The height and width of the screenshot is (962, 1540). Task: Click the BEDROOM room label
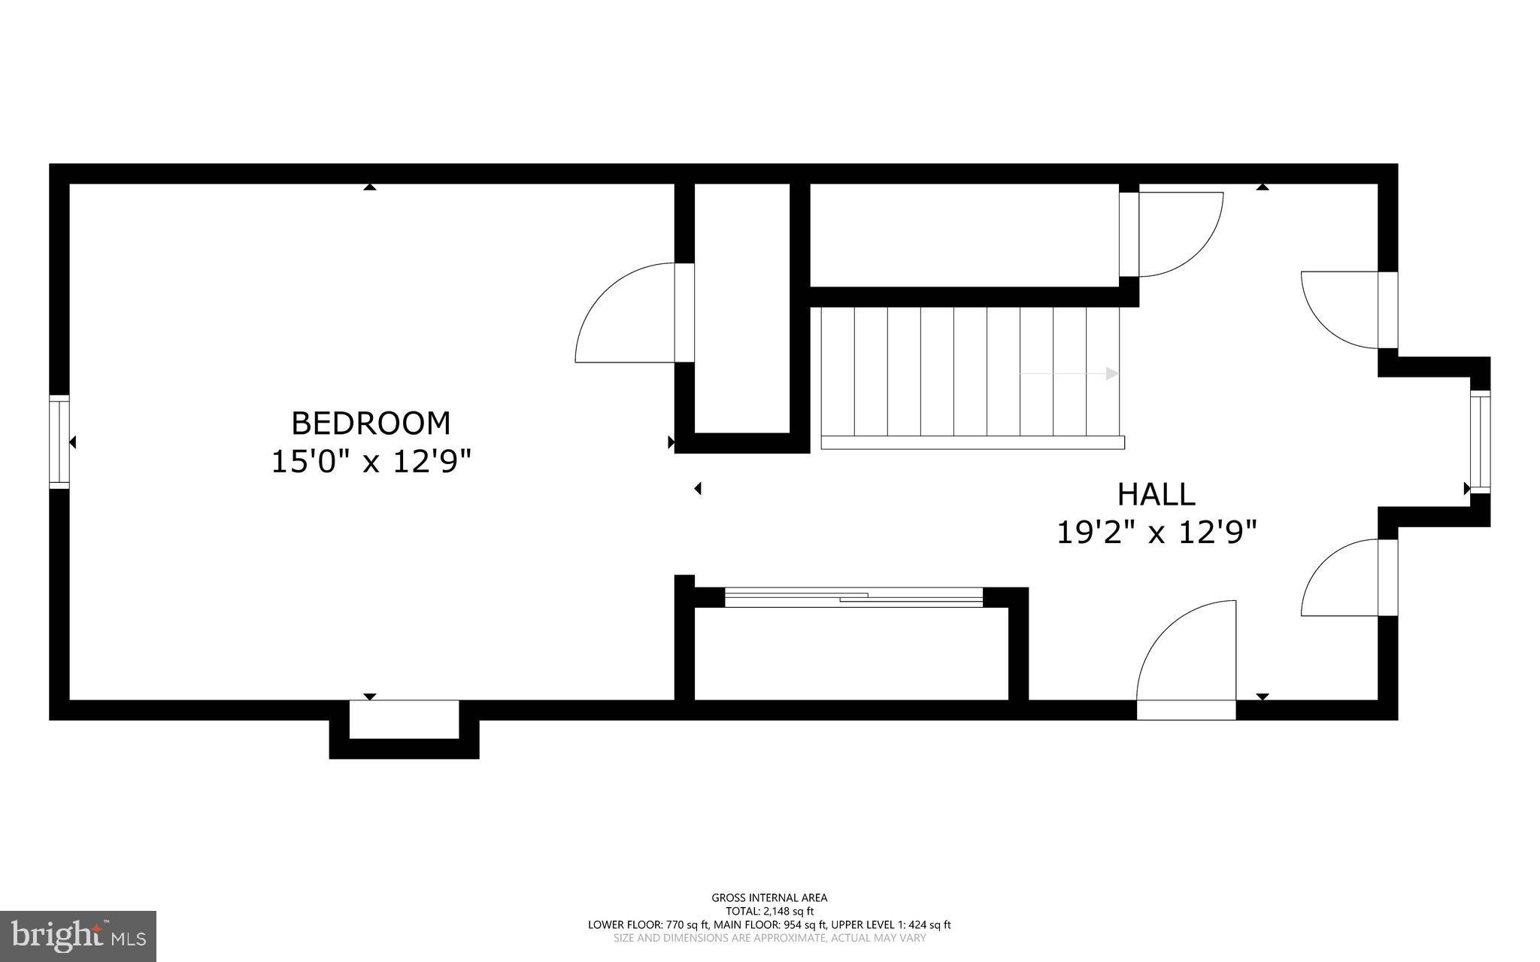pos(371,423)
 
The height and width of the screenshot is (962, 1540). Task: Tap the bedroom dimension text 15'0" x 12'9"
pos(371,462)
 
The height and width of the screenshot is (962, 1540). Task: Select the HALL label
pos(1156,495)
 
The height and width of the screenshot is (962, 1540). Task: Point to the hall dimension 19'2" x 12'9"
pos(1157,533)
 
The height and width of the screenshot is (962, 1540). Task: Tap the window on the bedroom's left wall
pos(59,442)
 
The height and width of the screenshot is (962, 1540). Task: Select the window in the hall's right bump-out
pos(1479,442)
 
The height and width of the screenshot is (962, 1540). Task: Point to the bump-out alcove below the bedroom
pos(404,720)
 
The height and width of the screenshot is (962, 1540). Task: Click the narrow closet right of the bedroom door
pos(741,308)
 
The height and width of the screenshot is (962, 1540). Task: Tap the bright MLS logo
pos(78,936)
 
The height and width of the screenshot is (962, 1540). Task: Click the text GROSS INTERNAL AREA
pos(769,897)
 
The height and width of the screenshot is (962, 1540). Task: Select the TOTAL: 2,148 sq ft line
pos(769,911)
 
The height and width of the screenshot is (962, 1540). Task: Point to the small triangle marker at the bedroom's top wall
pos(369,187)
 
